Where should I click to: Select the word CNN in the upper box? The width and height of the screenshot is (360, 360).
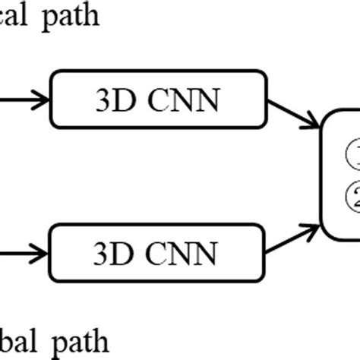tap(182, 99)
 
